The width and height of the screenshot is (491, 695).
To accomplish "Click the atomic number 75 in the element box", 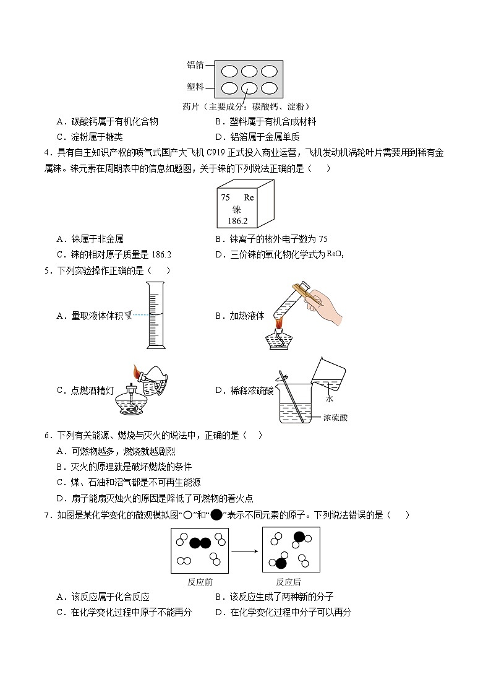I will point(226,197).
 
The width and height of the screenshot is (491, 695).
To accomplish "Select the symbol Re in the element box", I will point(249,197).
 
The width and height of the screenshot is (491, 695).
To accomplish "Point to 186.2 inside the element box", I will point(237,220).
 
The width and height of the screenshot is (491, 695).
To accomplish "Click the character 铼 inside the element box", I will point(237,209).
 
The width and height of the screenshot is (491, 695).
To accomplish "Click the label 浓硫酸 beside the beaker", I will point(335,418).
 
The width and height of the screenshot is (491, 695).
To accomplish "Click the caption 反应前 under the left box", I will point(200,582).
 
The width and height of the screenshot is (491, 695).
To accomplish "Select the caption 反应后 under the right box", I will point(289,582).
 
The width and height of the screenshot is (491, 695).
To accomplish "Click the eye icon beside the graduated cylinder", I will point(128,315).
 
